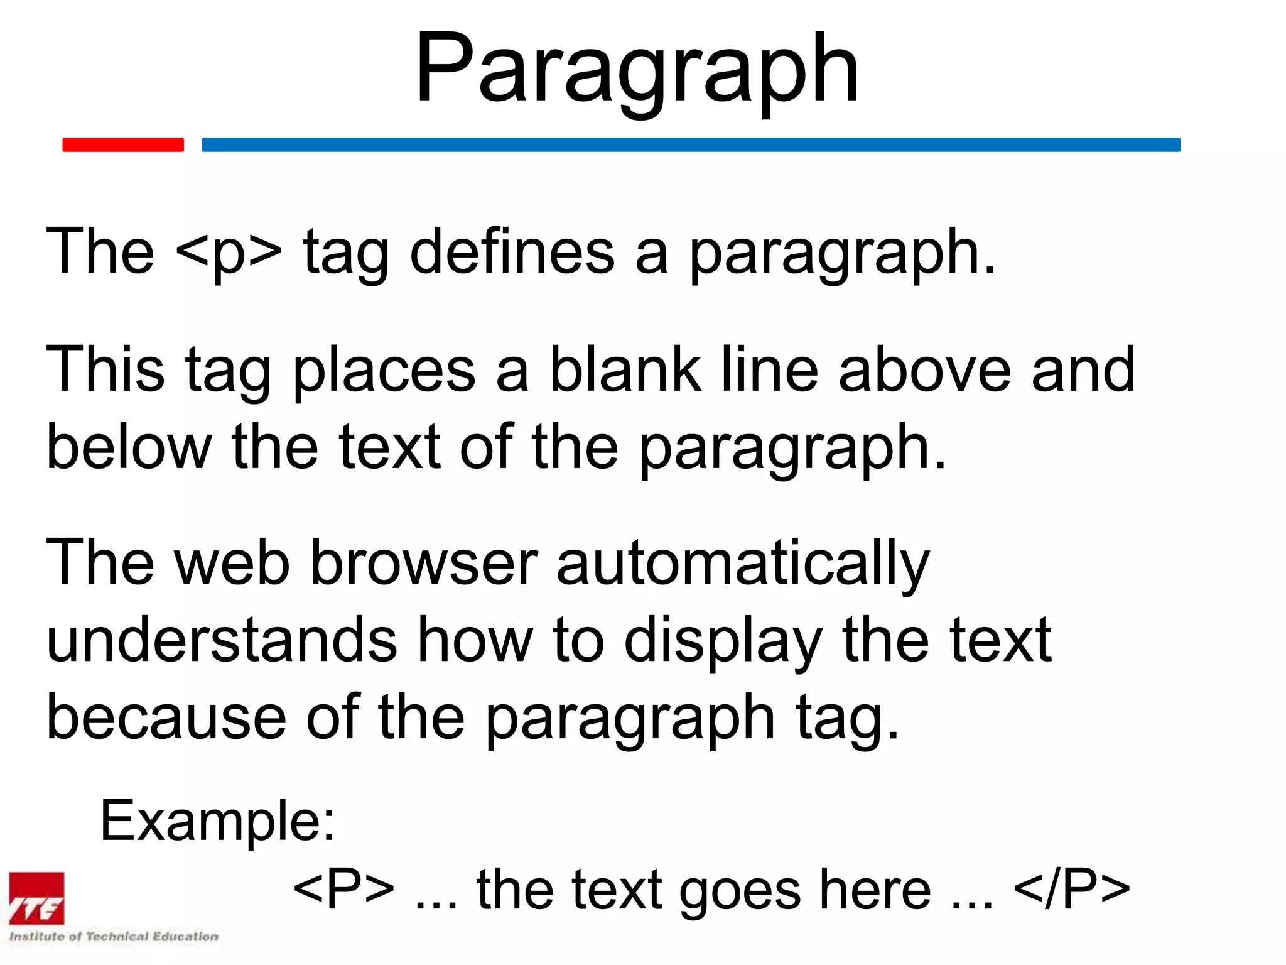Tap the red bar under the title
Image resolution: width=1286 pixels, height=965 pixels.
(x=123, y=144)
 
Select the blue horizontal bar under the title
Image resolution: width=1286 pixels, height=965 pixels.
(x=691, y=144)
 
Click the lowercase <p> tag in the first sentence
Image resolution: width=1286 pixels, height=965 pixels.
(x=229, y=252)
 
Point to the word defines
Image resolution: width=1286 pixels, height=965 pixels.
(x=512, y=252)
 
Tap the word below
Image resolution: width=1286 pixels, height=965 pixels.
(x=129, y=447)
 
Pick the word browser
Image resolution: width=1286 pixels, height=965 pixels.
(x=424, y=562)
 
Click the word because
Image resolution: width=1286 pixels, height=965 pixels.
(x=166, y=717)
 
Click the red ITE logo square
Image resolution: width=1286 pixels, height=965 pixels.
(x=36, y=898)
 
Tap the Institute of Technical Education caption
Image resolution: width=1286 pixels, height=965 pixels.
(x=114, y=936)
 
